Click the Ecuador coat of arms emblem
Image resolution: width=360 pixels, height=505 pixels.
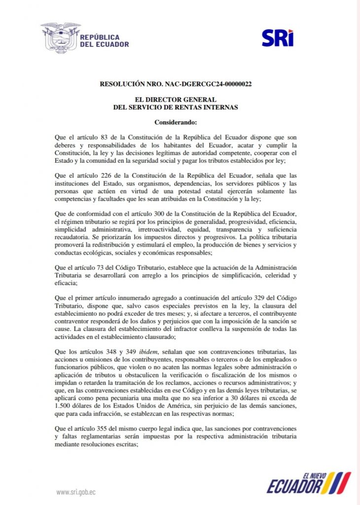coord(61,37)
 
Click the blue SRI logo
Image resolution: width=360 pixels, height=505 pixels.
coord(278,37)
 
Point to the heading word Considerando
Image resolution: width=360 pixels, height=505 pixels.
coord(176,122)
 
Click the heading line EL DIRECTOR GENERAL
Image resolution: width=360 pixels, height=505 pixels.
coord(176,100)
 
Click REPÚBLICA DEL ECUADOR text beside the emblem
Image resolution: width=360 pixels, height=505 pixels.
coord(104,40)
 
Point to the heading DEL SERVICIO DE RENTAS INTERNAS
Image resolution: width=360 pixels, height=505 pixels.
coord(176,107)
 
